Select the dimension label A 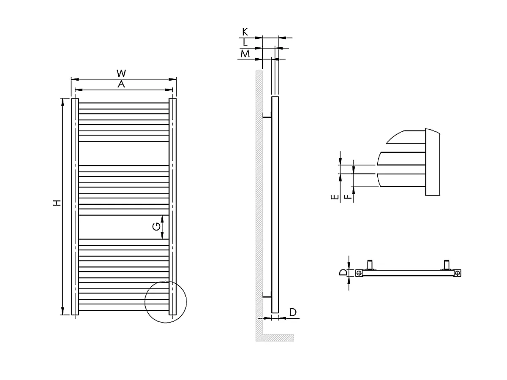tap(122, 84)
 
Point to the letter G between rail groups tap(156, 227)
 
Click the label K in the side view tap(245, 32)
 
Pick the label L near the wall tap(245, 42)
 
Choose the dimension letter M tap(245, 54)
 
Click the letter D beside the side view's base tap(293, 312)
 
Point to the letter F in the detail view tap(346, 197)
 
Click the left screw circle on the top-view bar tap(359, 273)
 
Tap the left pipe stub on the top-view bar tap(371, 265)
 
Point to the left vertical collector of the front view tap(75, 207)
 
